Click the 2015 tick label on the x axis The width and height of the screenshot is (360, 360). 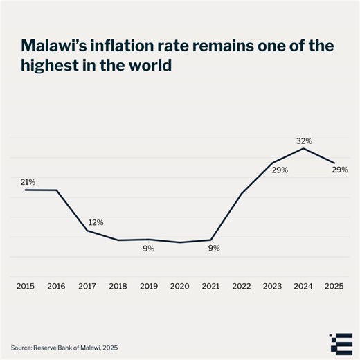point(26,285)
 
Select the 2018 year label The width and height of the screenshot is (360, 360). point(118,285)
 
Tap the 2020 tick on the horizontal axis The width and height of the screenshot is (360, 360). point(179,285)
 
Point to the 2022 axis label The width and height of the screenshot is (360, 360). point(241,285)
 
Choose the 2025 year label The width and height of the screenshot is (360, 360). point(334,285)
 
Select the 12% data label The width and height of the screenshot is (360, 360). point(96,223)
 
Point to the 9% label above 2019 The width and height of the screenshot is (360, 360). point(149,248)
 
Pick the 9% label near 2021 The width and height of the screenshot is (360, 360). point(214,248)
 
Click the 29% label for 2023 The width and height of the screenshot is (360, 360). point(280,170)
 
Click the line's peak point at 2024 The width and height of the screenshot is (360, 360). point(303,148)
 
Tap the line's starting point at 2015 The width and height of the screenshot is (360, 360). point(26,190)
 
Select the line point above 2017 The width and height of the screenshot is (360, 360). point(87,231)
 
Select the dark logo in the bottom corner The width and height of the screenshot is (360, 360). point(339,342)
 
